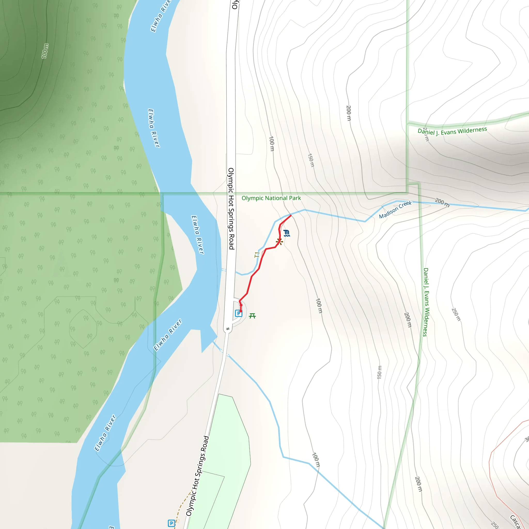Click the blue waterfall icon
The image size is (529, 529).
(286, 233)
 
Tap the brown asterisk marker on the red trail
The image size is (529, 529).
(279, 242)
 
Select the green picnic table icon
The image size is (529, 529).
(252, 316)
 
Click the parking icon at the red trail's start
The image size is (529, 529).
(238, 313)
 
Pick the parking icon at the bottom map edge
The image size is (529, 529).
(171, 523)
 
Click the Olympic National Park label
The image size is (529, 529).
(271, 198)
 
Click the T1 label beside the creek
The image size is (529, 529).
(256, 255)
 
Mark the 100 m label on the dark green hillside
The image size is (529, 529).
(45, 51)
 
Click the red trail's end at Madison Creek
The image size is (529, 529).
(291, 215)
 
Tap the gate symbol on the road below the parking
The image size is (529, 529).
(228, 329)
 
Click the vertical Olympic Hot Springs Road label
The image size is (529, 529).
(231, 209)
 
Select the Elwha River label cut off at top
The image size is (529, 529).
(161, 16)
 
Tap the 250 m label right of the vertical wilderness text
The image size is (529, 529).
(456, 315)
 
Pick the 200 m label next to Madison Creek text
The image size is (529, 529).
(442, 202)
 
